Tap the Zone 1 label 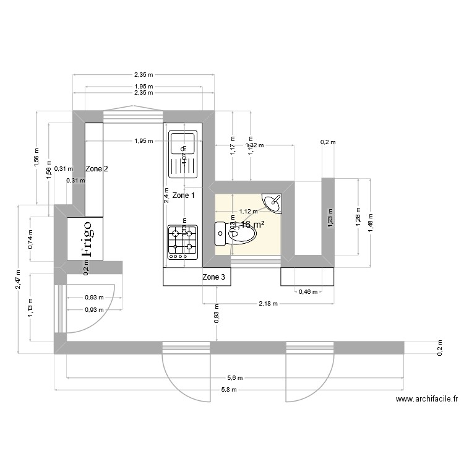183,195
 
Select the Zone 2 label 97,168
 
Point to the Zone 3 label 214,277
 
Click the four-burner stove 183,241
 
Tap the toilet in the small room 232,234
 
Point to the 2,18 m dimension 267,304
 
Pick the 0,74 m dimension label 31,239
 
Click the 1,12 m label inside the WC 248,211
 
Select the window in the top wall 133,117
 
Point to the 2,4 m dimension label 166,195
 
